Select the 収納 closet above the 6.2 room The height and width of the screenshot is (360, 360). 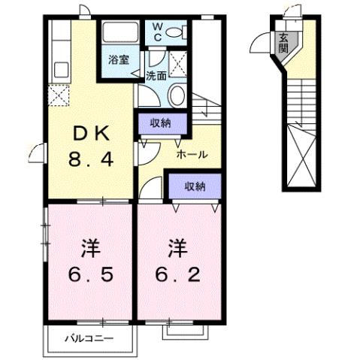tap(192, 186)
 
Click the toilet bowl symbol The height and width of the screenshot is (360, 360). tap(174, 32)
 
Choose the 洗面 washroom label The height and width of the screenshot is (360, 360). tap(156, 75)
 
